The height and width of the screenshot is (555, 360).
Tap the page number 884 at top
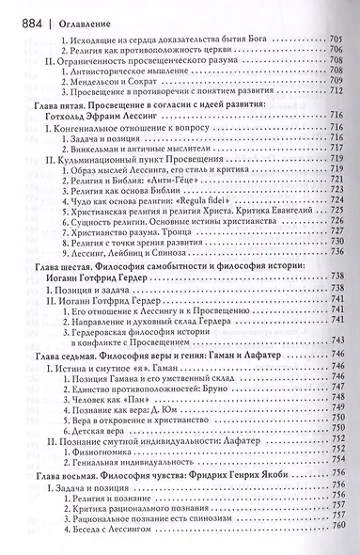[30, 11]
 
